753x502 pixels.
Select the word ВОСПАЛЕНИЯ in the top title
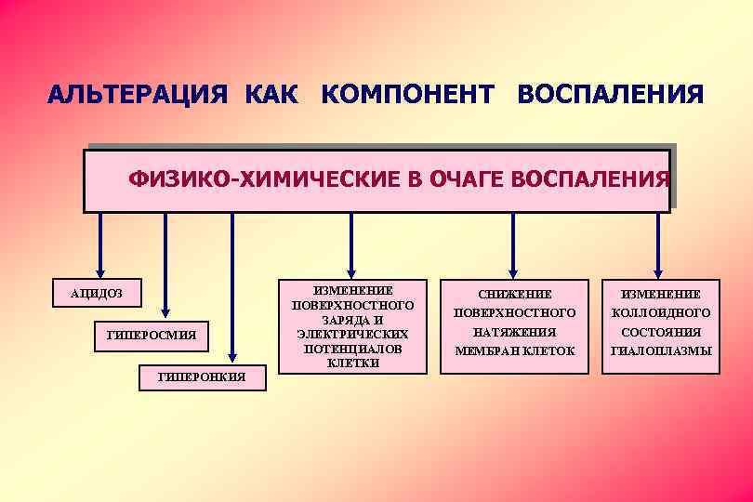pos(610,96)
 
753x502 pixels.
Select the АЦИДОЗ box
pos(97,294)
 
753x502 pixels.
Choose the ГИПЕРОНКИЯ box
pos(203,376)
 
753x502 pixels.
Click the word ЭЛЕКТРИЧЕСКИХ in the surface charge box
pos(352,333)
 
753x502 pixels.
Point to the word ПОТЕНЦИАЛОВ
pos(352,349)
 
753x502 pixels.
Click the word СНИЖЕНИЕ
pos(514,294)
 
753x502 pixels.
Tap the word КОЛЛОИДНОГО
pos(660,312)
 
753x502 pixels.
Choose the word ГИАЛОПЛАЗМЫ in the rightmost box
pos(660,350)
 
